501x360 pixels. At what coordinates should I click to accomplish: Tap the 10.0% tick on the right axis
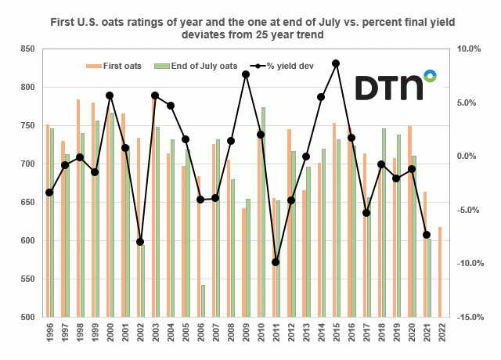click(467, 49)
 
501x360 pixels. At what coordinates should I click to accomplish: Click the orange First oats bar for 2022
click(441, 272)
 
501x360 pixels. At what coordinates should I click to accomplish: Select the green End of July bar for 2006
click(202, 301)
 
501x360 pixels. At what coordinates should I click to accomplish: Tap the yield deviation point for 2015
click(336, 63)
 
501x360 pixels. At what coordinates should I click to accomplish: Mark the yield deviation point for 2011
click(276, 262)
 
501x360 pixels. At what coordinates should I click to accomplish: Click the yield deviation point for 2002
click(140, 242)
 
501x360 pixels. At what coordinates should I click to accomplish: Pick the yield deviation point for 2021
click(427, 235)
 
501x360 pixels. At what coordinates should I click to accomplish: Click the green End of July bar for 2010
click(263, 211)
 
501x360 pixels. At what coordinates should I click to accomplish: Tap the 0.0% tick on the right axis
click(468, 157)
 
